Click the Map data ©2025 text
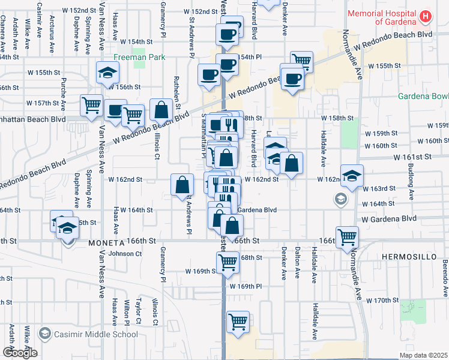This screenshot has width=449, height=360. pyautogui.click(x=423, y=355)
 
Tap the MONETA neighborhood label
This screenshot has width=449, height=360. pyautogui.click(x=106, y=243)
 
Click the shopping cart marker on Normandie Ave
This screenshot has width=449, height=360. pyautogui.click(x=348, y=237)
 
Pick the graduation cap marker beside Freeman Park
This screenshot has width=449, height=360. pyautogui.click(x=108, y=73)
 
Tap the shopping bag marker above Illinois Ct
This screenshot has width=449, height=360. pyautogui.click(x=161, y=110)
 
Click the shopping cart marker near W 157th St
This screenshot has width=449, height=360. pyautogui.click(x=92, y=105)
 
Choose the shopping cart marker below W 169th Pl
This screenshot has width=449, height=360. pyautogui.click(x=238, y=322)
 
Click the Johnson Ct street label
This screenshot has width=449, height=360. pyautogui.click(x=125, y=254)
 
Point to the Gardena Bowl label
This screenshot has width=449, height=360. pyautogui.click(x=423, y=97)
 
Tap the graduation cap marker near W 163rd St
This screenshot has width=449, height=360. pyautogui.click(x=352, y=175)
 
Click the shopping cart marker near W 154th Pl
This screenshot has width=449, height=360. pyautogui.click(x=301, y=61)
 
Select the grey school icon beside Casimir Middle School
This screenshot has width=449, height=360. pyautogui.click(x=44, y=334)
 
